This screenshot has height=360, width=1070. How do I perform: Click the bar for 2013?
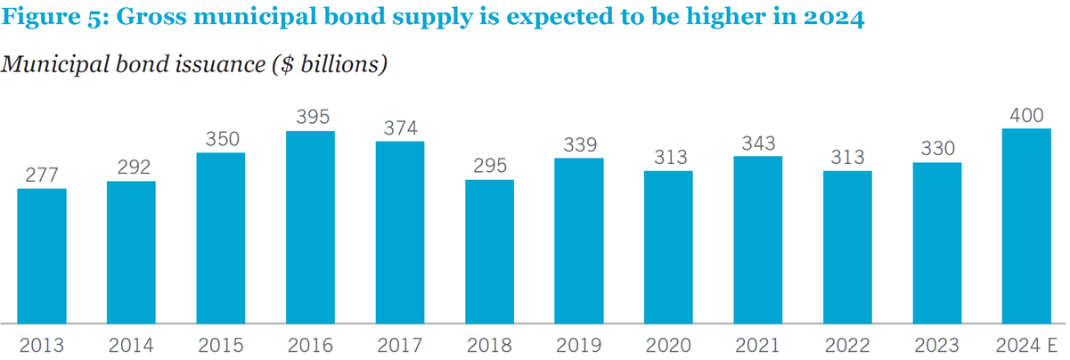point(42,256)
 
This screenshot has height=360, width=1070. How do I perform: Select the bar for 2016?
point(311,227)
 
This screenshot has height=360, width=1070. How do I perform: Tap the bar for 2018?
point(490,251)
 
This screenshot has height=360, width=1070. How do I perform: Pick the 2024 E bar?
point(1026,225)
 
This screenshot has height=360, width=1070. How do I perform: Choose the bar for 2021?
point(758,240)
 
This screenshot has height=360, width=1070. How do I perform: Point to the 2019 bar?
point(579,241)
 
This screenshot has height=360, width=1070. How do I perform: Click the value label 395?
point(313,117)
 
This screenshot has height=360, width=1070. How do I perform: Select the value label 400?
point(1026,116)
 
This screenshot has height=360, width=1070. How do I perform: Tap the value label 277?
point(42,176)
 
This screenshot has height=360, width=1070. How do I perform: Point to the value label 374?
point(400,128)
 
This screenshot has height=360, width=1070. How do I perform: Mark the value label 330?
point(937,149)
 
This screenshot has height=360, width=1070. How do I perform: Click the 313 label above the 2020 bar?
point(670,157)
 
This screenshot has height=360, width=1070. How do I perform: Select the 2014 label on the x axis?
point(131,345)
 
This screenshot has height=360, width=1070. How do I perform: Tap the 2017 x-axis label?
point(400,345)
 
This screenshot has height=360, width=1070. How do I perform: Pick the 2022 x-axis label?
point(847,345)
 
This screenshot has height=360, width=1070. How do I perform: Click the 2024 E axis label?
point(1026,345)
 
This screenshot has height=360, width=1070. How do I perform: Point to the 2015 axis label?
point(221,345)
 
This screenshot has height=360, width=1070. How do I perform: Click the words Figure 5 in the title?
point(54,17)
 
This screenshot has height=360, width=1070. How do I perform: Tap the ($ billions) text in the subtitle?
point(330,65)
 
